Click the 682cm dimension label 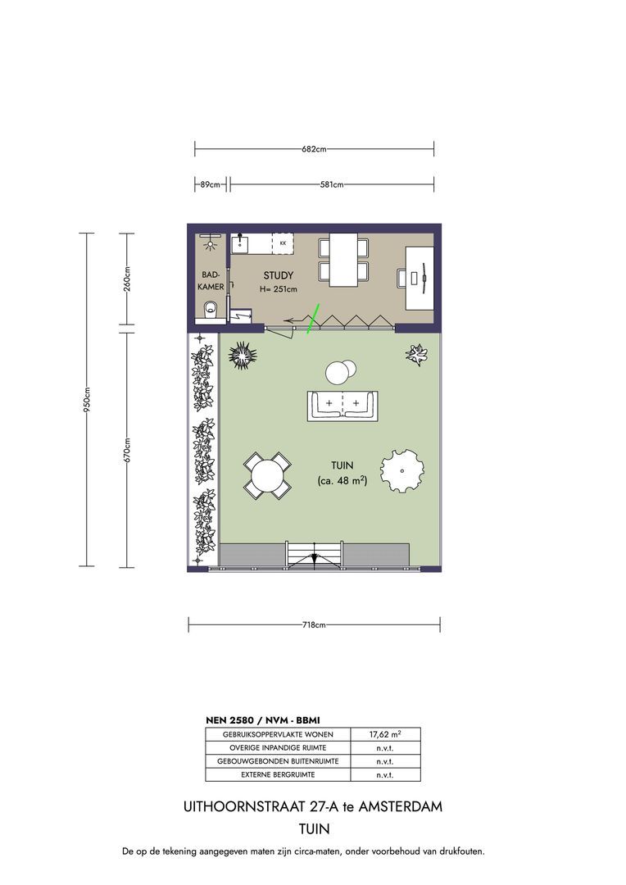[x=314, y=150]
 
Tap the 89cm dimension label [x=210, y=184]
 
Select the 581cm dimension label [x=332, y=184]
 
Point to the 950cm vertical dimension [x=87, y=400]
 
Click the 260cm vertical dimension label [x=127, y=278]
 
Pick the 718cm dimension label [x=314, y=624]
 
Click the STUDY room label [x=279, y=275]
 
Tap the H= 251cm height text [x=279, y=289]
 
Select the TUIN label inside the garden [x=342, y=465]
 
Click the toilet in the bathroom [x=211, y=310]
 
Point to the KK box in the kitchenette [x=283, y=243]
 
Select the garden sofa [x=342, y=406]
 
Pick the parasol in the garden [x=402, y=470]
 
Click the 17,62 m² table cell [x=386, y=734]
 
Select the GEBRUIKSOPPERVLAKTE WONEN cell [x=278, y=734]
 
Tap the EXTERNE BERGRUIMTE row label [x=278, y=775]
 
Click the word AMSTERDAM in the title [x=401, y=806]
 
